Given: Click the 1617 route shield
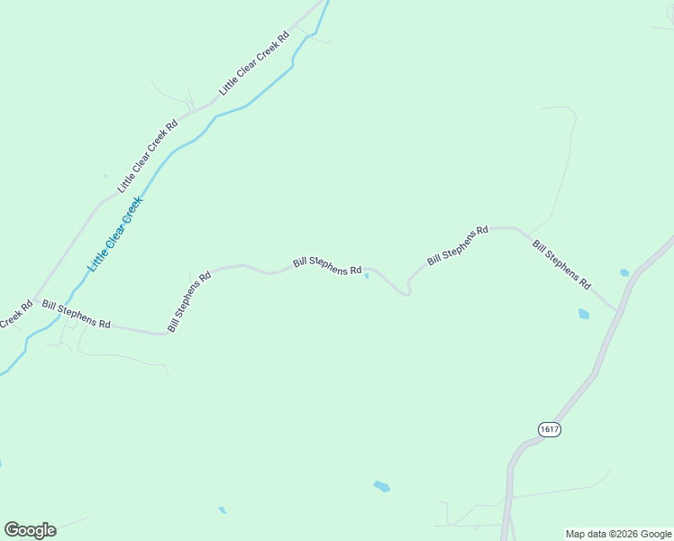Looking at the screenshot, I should point(550,430).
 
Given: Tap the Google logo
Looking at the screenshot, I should point(30,530).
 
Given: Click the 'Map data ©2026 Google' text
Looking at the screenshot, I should point(618,534).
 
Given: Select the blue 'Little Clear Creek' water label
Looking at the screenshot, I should point(115,235).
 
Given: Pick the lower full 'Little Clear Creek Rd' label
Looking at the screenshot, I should point(148,154).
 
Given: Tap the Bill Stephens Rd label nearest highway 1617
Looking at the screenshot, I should point(560,264).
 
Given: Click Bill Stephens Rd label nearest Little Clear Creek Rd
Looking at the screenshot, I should point(76,315).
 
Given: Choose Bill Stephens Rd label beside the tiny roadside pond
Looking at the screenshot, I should point(327,265).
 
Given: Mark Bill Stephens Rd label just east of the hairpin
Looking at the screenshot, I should point(457,244).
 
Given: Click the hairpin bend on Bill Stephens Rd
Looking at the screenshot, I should point(408,290).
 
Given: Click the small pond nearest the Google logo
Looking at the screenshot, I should point(222,510).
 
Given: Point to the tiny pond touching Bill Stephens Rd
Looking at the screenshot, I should point(366,277).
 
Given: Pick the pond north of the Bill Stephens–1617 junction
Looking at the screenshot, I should point(624,272).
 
